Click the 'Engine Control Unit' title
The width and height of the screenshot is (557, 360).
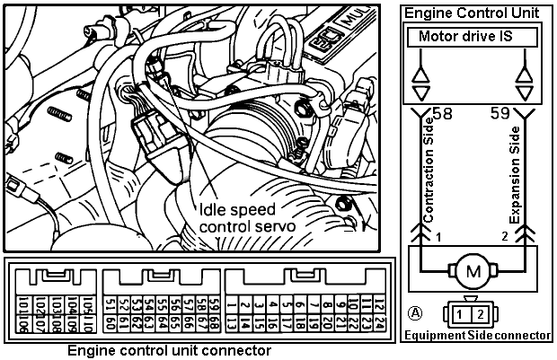point(473,13)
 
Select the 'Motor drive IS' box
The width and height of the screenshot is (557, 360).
point(473,38)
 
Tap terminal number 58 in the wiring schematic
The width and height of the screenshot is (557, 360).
point(441,113)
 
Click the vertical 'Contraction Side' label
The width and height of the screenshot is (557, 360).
point(429,179)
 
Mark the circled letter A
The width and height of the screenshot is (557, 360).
point(414,313)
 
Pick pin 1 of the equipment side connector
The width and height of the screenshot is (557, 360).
point(461,313)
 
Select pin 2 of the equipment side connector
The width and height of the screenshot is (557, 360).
point(481,313)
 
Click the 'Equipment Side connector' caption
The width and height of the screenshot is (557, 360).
point(476,335)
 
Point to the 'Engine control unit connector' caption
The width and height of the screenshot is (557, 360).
point(170,348)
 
